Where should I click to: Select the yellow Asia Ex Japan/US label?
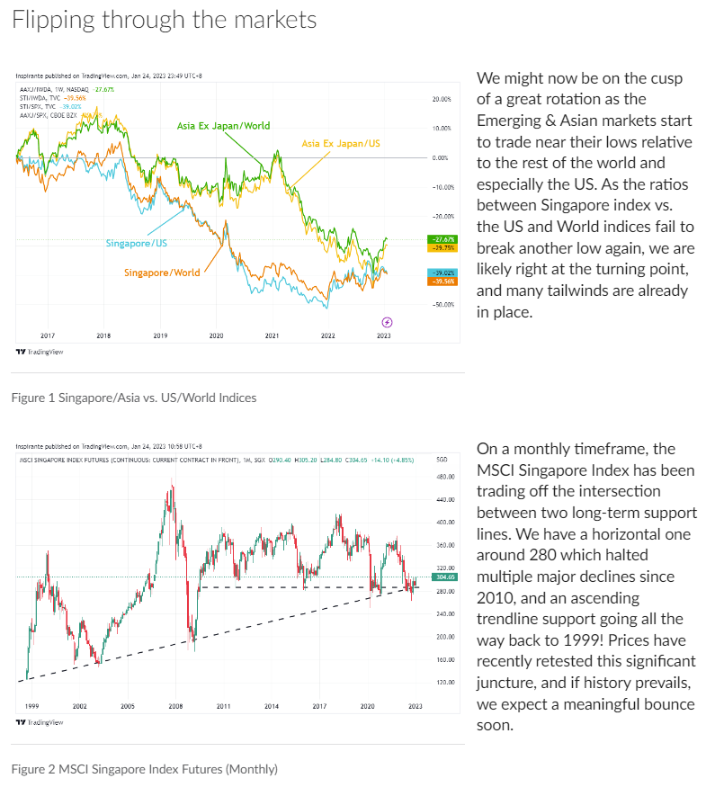343,143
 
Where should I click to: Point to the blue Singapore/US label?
136,243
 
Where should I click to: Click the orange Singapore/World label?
161,273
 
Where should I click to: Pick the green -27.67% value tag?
442,239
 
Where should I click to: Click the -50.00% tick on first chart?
442,305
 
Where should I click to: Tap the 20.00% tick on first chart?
441,99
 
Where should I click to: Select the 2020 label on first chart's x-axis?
216,335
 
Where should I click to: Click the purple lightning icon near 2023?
387,322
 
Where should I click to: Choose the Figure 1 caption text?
134,397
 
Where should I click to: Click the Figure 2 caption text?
145,769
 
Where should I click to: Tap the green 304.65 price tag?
442,577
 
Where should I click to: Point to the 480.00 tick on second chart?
442,499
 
